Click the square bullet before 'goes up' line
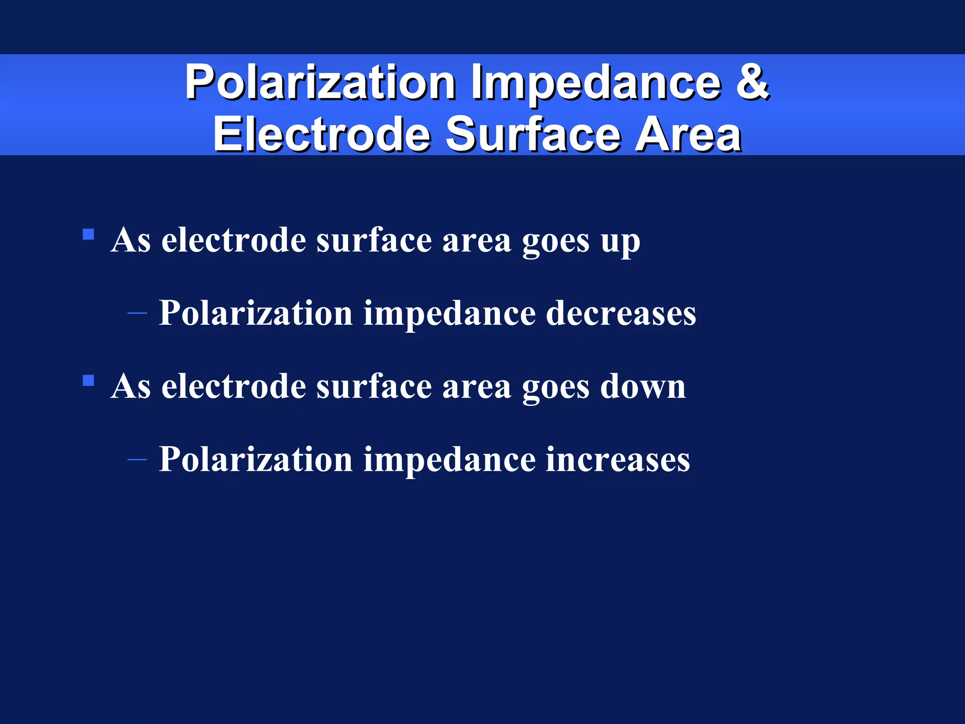point(88,234)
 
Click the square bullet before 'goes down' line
point(88,380)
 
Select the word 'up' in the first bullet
point(620,241)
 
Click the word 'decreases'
point(621,313)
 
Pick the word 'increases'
point(618,460)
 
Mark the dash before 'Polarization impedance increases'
point(137,459)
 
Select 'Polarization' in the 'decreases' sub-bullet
point(256,313)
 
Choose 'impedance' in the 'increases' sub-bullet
point(449,461)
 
